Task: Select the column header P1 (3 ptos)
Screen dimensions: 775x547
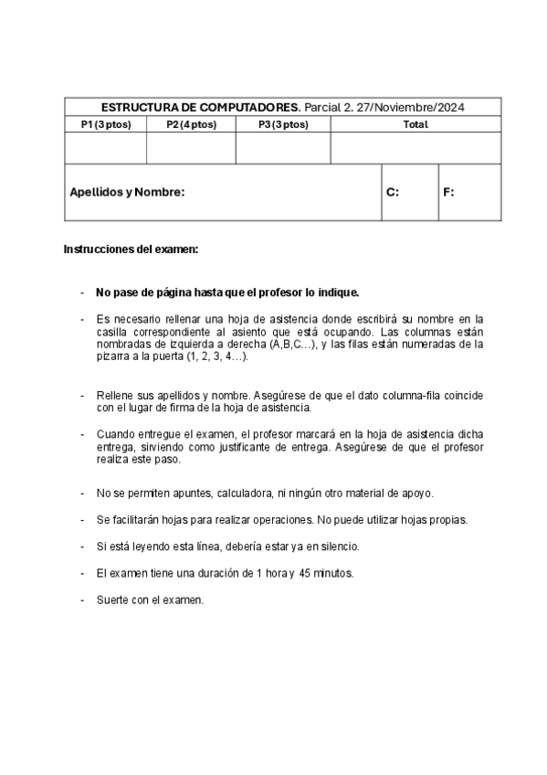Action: click(105, 124)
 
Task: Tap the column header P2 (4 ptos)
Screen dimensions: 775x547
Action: click(191, 124)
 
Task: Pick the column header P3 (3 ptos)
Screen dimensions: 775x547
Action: click(283, 124)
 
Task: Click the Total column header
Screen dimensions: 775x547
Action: click(416, 124)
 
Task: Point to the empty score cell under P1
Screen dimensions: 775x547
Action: click(105, 147)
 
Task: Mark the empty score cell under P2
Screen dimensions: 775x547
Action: click(191, 147)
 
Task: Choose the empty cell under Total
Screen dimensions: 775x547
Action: click(416, 147)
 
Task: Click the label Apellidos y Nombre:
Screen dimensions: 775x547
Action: click(127, 192)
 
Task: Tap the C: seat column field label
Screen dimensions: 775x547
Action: click(393, 192)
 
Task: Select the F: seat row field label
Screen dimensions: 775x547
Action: click(448, 192)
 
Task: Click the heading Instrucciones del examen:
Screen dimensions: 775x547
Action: click(131, 249)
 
